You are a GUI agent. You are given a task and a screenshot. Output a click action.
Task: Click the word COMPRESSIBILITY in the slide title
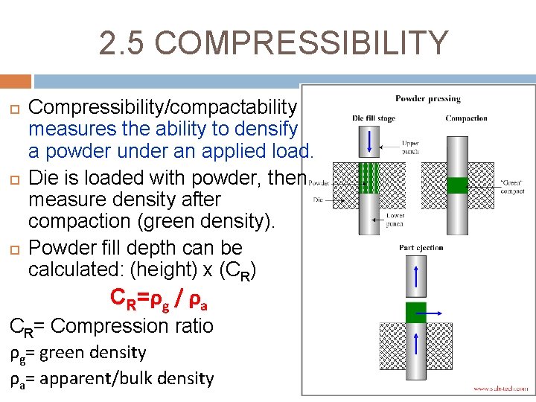coord(301,43)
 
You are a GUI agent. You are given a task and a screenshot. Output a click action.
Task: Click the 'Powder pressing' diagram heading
coord(427,98)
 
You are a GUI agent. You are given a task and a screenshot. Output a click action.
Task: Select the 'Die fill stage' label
coord(374,118)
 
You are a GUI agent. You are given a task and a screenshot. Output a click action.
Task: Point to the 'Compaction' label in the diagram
coord(467,118)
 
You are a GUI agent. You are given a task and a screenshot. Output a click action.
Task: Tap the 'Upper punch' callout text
coord(410,147)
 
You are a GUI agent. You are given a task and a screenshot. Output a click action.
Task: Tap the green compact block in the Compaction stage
coord(456,185)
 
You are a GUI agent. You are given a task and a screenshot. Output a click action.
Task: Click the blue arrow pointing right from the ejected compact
coord(430,314)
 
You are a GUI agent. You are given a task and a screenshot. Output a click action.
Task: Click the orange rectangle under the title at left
coord(16,80)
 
